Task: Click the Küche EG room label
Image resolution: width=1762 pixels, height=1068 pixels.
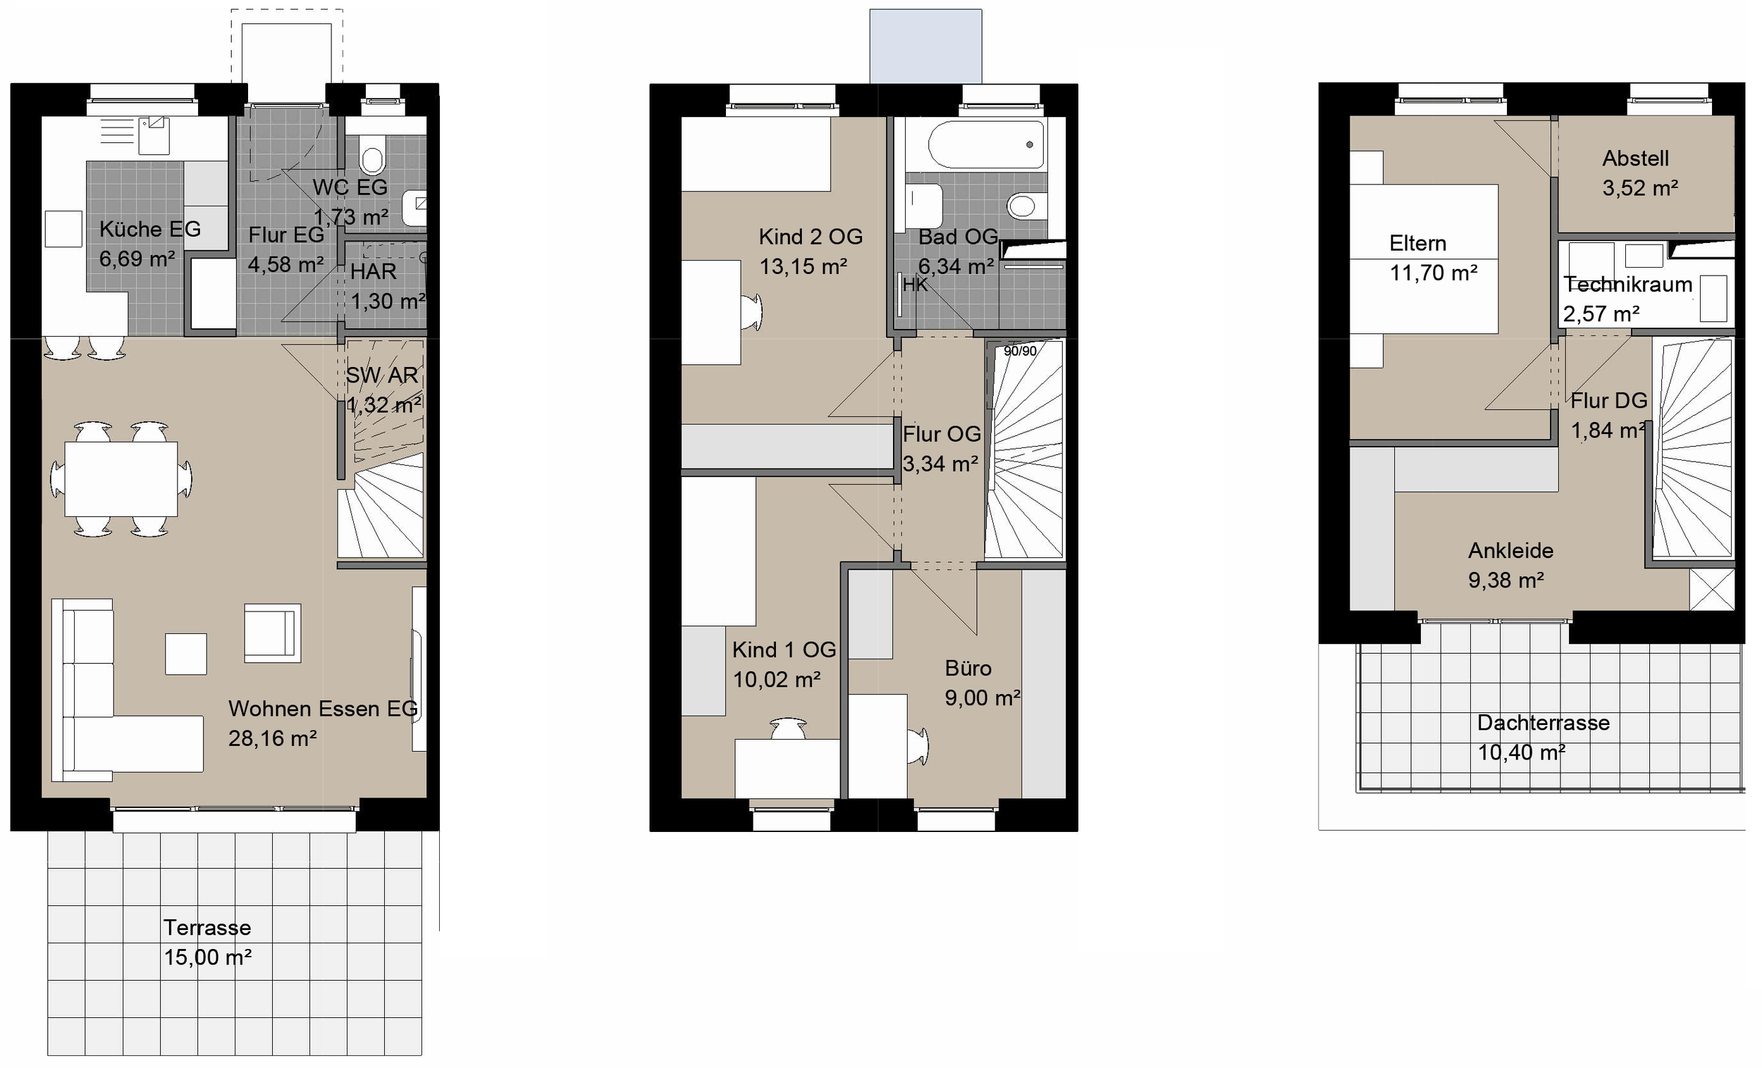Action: click(x=149, y=229)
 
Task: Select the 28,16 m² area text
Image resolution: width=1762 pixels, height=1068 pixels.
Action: click(x=273, y=738)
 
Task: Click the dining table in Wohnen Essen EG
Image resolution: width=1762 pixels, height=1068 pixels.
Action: click(x=121, y=479)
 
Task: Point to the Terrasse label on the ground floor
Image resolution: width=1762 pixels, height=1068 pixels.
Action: click(x=207, y=928)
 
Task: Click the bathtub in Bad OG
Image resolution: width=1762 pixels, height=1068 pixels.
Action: click(x=985, y=144)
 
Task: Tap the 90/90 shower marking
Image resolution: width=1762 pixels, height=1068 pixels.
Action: click(x=1020, y=351)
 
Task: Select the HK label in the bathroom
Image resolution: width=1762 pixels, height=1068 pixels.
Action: click(x=915, y=285)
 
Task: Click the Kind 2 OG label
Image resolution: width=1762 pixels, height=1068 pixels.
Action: click(x=811, y=237)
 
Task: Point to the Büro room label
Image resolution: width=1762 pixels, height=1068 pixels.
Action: click(x=968, y=669)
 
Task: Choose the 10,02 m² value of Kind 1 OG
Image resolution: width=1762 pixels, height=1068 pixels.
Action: click(x=777, y=680)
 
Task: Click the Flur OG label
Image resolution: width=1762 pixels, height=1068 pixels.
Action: click(x=941, y=434)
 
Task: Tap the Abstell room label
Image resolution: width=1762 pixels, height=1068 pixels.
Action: click(x=1634, y=158)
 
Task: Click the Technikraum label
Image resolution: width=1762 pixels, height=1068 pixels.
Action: click(x=1627, y=285)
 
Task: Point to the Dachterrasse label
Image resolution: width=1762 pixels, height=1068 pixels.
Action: click(x=1544, y=723)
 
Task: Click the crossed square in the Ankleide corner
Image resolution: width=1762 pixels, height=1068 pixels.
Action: click(x=1711, y=590)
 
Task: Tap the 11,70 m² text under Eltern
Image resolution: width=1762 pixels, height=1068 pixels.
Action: click(x=1433, y=273)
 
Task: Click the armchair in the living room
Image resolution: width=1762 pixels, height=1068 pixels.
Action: click(x=272, y=633)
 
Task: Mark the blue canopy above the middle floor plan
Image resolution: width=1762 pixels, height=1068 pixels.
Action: click(x=925, y=46)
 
